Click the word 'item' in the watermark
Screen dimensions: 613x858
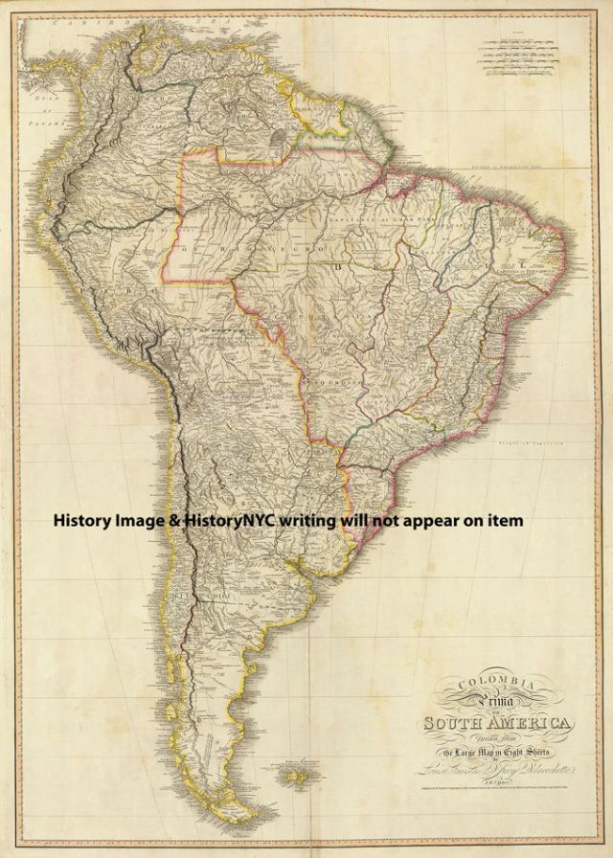506,520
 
